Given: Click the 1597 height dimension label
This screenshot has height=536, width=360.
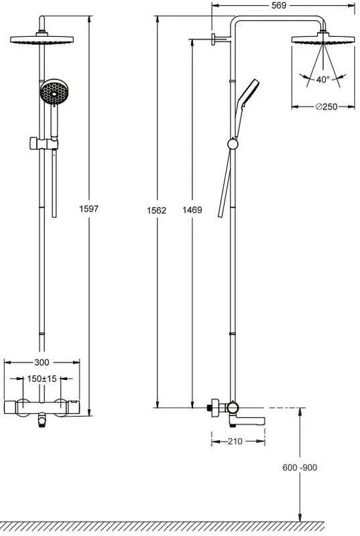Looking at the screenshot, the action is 89,208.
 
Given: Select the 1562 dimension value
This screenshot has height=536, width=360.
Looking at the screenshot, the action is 157,210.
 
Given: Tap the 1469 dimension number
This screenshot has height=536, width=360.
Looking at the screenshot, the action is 192,210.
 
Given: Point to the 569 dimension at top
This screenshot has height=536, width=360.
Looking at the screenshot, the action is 279,5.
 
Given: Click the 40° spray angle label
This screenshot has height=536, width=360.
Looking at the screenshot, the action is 322,79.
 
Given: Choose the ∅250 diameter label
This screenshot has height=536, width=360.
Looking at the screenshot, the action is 326,107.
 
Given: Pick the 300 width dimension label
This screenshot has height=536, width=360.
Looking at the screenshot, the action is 42,362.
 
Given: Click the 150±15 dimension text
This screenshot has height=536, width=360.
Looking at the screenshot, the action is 42,379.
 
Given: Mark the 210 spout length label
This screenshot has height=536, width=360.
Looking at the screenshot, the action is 235,442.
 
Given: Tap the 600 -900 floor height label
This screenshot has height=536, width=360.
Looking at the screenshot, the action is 300,467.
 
